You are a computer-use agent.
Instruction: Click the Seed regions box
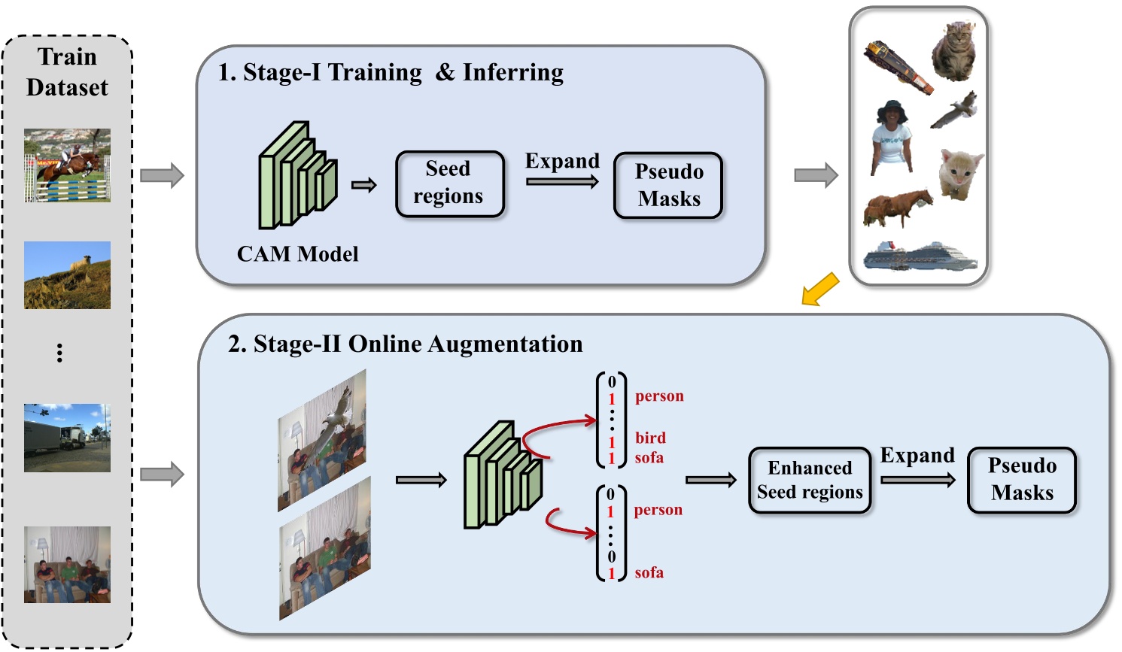coord(449,183)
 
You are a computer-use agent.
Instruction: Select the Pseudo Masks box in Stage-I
coord(668,185)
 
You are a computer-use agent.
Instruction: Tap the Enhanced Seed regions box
coord(810,480)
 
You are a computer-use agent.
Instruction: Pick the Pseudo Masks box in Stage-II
coord(1021,480)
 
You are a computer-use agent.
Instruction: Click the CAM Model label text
coord(297,254)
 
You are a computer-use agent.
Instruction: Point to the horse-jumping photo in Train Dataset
coord(67,165)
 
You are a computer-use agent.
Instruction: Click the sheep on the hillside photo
coord(67,275)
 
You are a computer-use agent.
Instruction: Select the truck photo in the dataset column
coord(67,438)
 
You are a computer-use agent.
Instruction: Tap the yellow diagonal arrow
coord(820,289)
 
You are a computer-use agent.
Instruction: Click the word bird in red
coord(650,438)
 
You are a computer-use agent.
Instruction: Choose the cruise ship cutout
coord(920,256)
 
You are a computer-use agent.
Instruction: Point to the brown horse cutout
coord(897,207)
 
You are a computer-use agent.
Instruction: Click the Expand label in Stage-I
coord(562,161)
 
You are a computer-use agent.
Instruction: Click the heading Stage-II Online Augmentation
coord(406,344)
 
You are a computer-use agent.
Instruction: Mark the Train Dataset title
coord(67,72)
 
